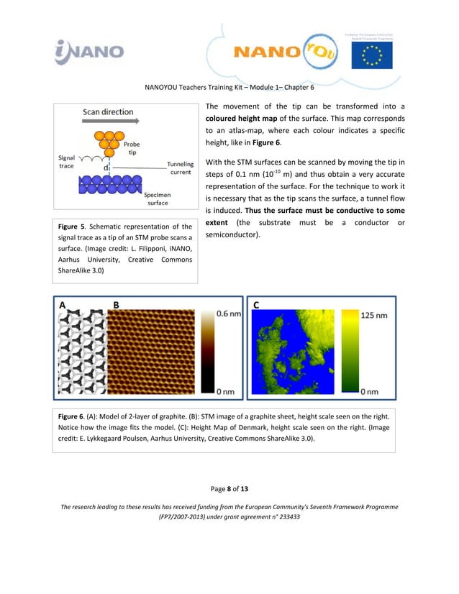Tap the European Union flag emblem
pos(371,52)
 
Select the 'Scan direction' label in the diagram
pos(108,112)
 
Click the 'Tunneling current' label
pos(180,168)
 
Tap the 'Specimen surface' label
pos(157,198)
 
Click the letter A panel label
pos(63,305)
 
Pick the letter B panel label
pos(116,305)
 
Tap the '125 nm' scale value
pos(373,315)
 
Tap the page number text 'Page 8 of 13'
pos(229,489)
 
